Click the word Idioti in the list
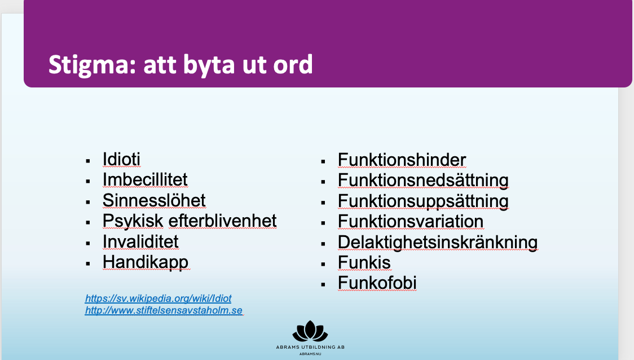click(121, 159)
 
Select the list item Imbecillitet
click(145, 179)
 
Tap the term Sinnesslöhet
click(154, 200)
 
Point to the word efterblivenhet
click(222, 221)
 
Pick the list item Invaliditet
click(140, 242)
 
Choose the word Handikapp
click(146, 262)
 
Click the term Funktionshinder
click(402, 160)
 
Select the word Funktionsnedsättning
click(424, 181)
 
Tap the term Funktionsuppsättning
click(424, 201)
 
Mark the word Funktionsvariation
click(411, 221)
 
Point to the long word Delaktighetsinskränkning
click(438, 242)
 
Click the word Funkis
click(364, 262)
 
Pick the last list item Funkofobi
click(377, 283)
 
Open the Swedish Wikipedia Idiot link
click(158, 298)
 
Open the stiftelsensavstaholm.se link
click(164, 310)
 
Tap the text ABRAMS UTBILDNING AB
click(310, 347)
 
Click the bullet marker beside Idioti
click(88, 161)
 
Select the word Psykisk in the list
click(133, 221)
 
